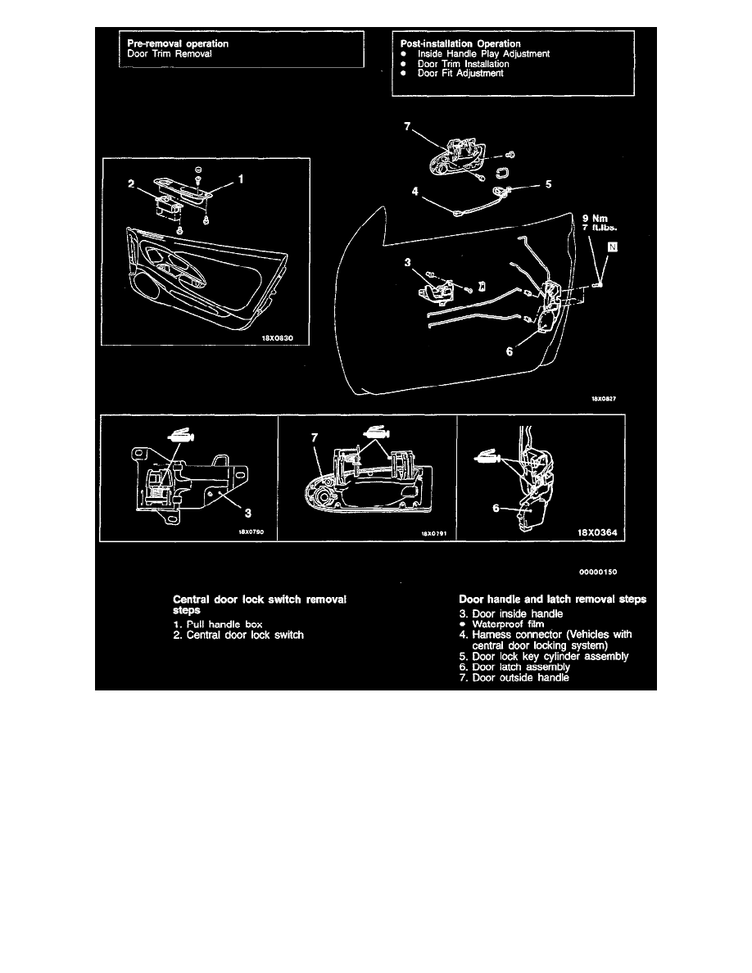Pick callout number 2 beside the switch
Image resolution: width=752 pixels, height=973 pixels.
130,185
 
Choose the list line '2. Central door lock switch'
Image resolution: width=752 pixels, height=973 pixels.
238,635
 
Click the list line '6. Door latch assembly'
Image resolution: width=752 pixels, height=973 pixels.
515,667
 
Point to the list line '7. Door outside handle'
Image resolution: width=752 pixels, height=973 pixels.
514,677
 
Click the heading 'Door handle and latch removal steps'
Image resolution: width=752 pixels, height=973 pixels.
552,600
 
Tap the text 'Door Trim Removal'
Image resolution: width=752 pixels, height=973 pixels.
163,53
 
